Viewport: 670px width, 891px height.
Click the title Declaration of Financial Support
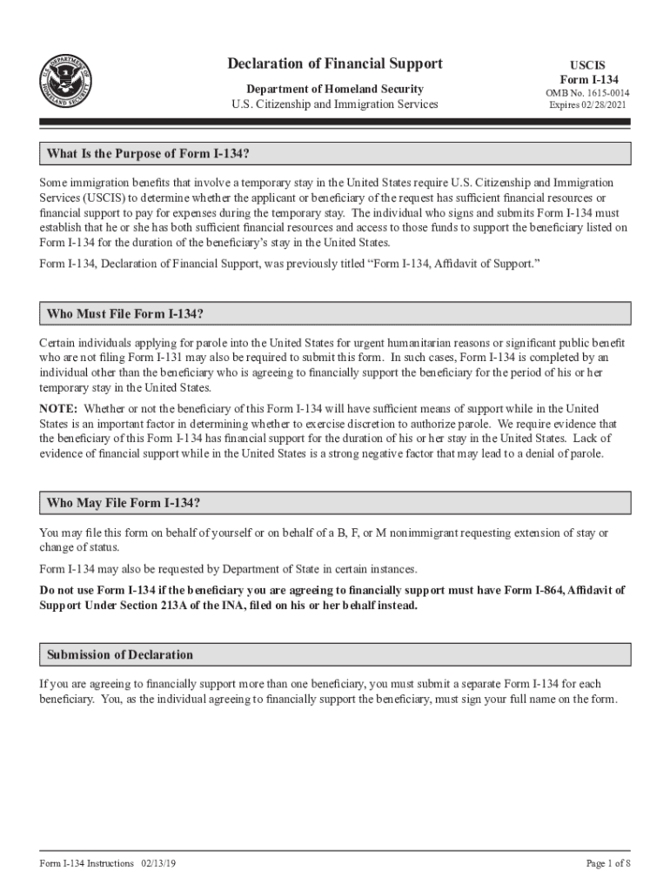point(335,64)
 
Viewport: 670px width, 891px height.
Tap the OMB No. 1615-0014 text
point(588,93)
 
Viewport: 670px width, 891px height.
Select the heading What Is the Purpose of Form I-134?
point(149,154)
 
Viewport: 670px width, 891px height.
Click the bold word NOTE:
point(58,409)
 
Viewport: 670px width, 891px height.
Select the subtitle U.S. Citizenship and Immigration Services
point(335,104)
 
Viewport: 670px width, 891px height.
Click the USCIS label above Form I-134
point(587,65)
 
